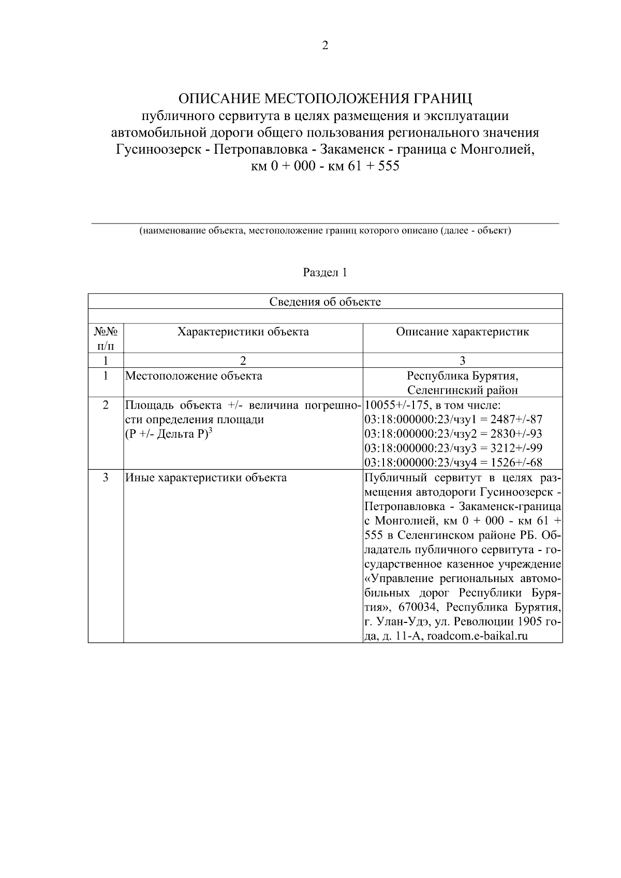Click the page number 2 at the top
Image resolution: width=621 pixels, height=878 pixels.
pyautogui.click(x=325, y=46)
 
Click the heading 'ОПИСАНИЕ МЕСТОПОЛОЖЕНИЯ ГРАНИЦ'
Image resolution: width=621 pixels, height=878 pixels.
pyautogui.click(x=325, y=98)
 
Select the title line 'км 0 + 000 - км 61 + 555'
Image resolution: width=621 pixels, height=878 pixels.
pyautogui.click(x=325, y=167)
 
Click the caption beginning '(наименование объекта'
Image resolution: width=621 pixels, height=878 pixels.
pyautogui.click(x=325, y=231)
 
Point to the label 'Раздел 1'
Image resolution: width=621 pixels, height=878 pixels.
pyautogui.click(x=325, y=272)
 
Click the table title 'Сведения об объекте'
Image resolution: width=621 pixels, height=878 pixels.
pyautogui.click(x=325, y=302)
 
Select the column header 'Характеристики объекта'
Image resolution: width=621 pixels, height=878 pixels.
pyautogui.click(x=243, y=332)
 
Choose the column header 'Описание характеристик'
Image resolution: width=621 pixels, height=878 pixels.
pyautogui.click(x=462, y=332)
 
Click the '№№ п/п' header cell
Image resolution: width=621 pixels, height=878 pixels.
pyautogui.click(x=106, y=338)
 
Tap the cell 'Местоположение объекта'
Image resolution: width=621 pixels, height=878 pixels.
pyautogui.click(x=194, y=376)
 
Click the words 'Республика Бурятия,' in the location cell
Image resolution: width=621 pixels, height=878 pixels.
pyautogui.click(x=462, y=376)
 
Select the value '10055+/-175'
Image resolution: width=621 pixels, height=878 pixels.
pyautogui.click(x=393, y=405)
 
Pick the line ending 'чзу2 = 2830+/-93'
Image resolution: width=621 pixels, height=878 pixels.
pyautogui.click(x=453, y=434)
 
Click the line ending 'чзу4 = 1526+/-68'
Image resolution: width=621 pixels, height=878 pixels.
pyautogui.click(x=453, y=463)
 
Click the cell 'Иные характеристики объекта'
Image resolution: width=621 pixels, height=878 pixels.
pyautogui.click(x=206, y=478)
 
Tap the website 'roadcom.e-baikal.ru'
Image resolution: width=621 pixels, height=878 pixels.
pyautogui.click(x=477, y=636)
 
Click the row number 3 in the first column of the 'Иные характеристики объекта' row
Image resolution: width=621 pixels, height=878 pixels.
pyautogui.click(x=106, y=478)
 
